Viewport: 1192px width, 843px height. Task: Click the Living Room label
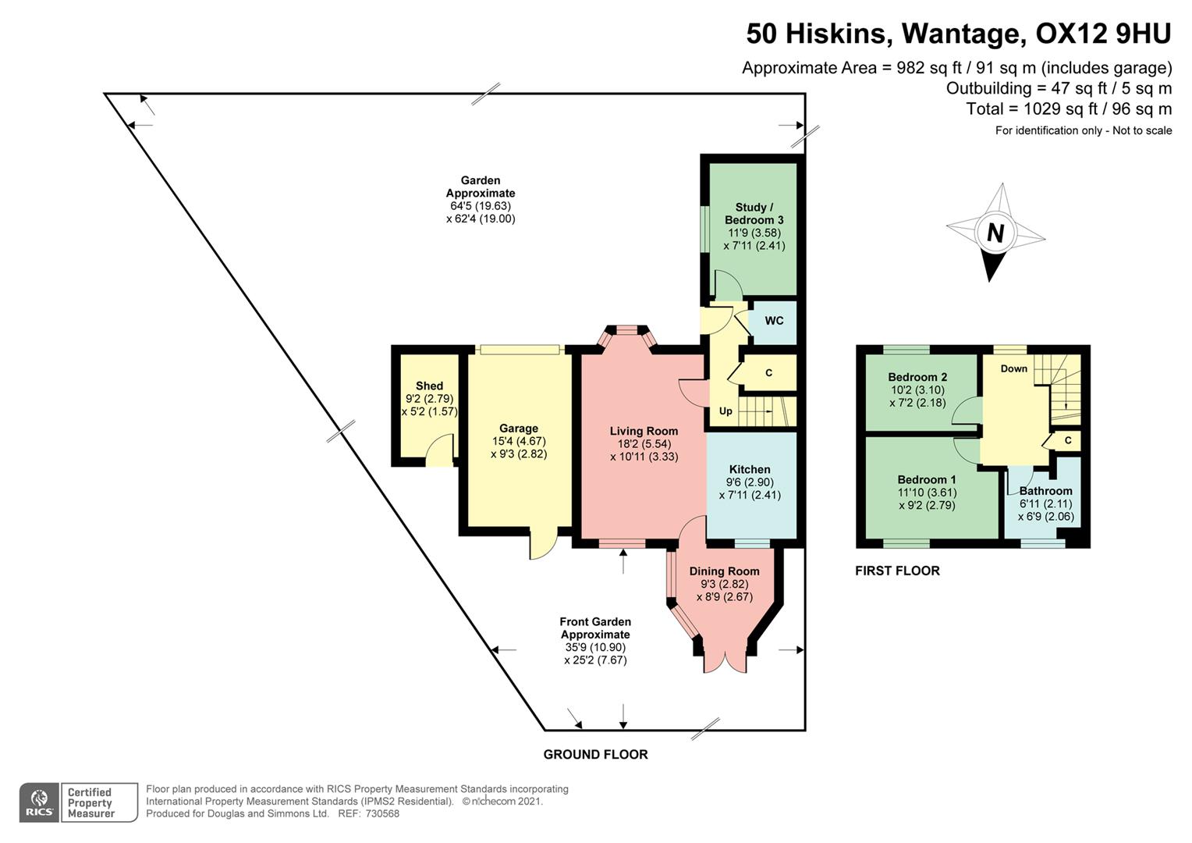tap(644, 431)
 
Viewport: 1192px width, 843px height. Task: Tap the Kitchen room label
tap(749, 469)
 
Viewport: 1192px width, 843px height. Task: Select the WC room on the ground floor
tap(773, 321)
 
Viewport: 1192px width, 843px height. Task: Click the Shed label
tap(429, 386)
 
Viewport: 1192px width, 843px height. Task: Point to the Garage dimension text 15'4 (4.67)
tap(519, 441)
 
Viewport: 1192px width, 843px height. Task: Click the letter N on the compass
tap(995, 233)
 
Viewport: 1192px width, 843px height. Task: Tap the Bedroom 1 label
tap(926, 479)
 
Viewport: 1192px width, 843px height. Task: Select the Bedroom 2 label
tap(917, 377)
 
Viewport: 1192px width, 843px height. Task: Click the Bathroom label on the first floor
tap(1045, 491)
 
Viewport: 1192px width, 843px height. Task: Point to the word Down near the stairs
tap(1013, 368)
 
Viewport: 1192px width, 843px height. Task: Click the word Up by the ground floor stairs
tap(725, 411)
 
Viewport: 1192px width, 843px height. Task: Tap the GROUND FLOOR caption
tap(595, 755)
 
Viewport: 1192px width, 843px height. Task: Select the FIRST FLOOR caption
tap(897, 571)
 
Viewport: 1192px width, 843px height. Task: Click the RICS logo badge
tap(39, 802)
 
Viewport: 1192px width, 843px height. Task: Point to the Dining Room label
tap(724, 571)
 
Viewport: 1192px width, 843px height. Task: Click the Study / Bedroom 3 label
tap(754, 214)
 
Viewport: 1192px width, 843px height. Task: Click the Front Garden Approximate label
tap(595, 628)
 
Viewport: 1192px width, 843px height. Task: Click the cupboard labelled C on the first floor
tap(1067, 441)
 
